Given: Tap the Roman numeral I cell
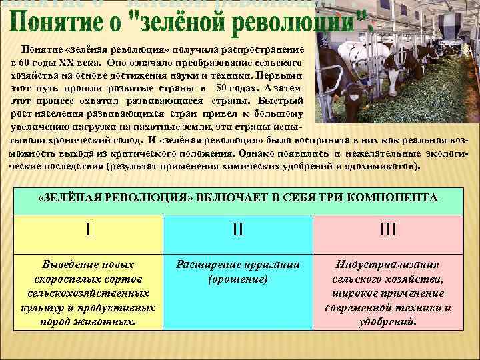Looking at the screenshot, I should [x=89, y=230].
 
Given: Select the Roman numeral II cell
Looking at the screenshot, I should [x=238, y=230].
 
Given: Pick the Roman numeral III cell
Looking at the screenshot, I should [x=388, y=230].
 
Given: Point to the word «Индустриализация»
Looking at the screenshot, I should [x=388, y=265].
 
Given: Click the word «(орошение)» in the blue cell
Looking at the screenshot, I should [x=238, y=279].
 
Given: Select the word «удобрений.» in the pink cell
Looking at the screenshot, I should [x=388, y=321].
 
